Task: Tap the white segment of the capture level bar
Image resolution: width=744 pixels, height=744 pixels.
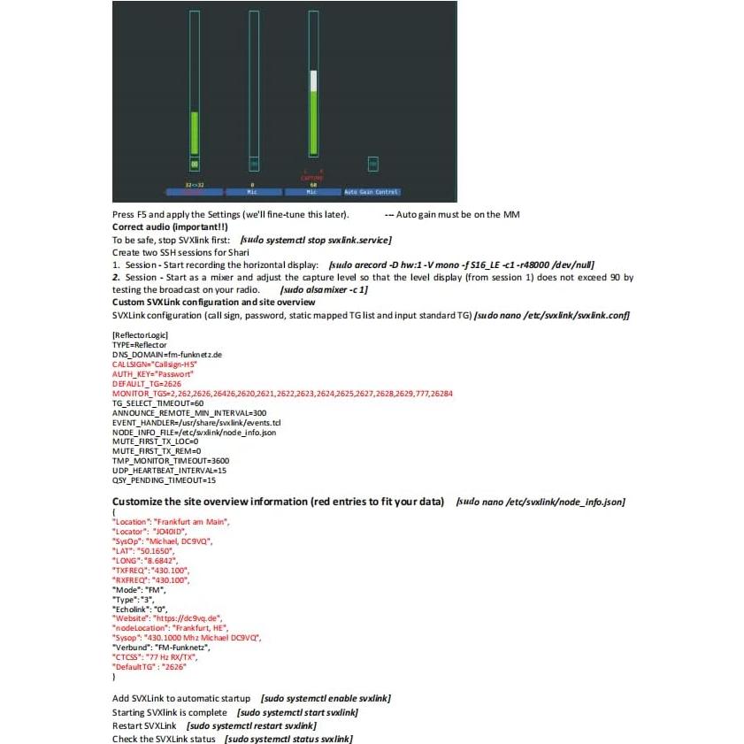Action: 313,81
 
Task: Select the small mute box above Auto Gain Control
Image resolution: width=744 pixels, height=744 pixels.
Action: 372,164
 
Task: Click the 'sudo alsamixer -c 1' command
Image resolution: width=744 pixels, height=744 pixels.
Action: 324,289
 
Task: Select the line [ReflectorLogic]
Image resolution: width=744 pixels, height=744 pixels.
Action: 141,334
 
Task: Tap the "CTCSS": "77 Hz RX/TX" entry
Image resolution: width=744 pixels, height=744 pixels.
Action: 155,657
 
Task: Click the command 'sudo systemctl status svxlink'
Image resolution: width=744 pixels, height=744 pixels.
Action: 288,739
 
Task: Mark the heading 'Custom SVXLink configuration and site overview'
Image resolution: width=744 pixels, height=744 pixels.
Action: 213,303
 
